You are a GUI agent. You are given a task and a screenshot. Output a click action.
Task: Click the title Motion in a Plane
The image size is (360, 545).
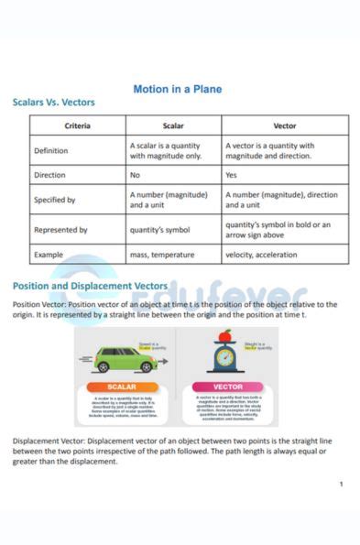tap(178, 90)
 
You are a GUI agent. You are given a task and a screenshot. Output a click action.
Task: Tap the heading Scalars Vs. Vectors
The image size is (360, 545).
tap(53, 103)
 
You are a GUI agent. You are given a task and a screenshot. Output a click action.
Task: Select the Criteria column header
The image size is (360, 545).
tap(77, 125)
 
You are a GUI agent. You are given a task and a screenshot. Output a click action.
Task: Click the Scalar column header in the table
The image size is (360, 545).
tap(173, 125)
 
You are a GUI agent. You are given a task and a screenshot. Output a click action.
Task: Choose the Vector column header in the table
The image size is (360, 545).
tap(284, 125)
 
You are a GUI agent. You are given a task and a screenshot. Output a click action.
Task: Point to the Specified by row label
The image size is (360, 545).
tap(54, 199)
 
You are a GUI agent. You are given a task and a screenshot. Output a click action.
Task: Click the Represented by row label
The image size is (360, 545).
tap(60, 230)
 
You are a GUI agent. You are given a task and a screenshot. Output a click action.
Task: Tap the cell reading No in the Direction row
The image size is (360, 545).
tap(135, 174)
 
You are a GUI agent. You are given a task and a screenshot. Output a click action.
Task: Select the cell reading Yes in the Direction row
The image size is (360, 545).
tap(231, 174)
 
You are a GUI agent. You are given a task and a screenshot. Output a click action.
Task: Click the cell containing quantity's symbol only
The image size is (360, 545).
tap(160, 230)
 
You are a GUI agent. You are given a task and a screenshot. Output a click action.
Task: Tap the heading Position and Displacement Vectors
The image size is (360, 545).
tap(90, 286)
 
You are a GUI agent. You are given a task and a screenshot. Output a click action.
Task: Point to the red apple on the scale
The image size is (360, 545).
tap(224, 336)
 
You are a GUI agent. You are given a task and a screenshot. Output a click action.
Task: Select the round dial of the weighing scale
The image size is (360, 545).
tap(225, 357)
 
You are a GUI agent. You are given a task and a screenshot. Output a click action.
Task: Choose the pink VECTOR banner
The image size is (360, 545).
tap(228, 387)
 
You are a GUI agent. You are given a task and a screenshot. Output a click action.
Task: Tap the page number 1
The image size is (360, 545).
tap(341, 484)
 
